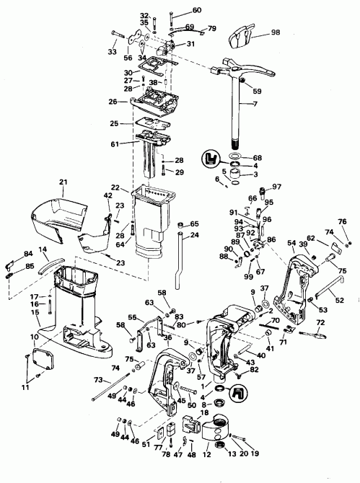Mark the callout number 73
point(97,378)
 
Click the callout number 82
point(253,370)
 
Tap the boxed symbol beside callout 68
point(211,157)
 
